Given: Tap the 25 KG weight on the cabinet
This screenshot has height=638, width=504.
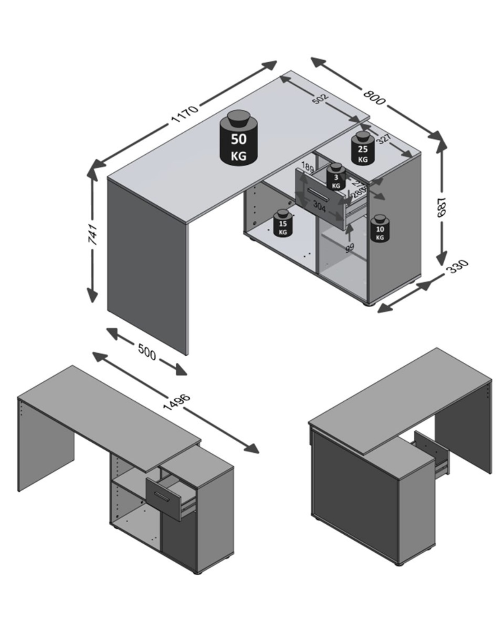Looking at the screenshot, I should (362, 149).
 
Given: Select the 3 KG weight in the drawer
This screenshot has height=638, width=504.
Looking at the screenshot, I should (336, 177).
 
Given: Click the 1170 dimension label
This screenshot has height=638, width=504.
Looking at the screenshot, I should (184, 114).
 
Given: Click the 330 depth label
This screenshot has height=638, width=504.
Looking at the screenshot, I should (457, 266).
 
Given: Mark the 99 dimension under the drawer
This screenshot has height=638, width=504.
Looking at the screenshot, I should (349, 248).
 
